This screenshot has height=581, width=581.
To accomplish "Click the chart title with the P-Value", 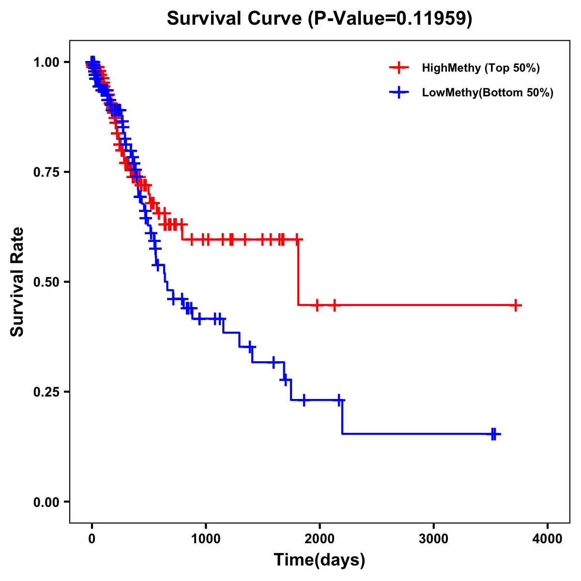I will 319,19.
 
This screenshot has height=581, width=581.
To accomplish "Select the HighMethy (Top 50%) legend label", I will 481,68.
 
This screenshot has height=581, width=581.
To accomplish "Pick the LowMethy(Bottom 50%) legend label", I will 488,92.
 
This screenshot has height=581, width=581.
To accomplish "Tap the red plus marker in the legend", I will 399,68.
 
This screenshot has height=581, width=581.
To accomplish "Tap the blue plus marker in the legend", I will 399,92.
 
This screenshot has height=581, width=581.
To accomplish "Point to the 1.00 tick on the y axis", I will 46,62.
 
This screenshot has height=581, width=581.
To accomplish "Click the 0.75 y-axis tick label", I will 46,172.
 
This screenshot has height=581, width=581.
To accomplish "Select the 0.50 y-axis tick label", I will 46,282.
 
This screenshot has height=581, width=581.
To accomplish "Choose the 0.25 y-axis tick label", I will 46,392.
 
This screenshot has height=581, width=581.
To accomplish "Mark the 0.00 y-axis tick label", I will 46,502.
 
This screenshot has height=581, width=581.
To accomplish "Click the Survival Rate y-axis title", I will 17,282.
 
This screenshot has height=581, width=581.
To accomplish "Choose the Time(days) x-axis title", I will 320,560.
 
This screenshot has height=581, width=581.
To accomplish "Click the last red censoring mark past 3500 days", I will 516,306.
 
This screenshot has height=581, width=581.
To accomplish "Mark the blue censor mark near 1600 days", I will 274,362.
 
